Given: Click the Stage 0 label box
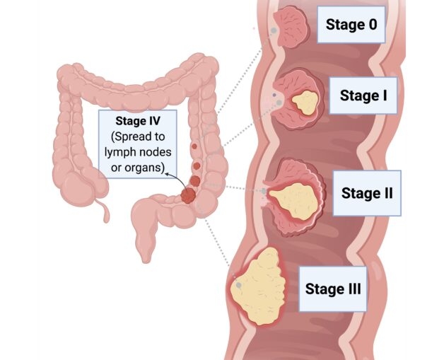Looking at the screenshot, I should (x=351, y=25).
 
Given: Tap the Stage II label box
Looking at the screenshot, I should (x=367, y=192).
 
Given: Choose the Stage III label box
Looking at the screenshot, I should (x=333, y=288).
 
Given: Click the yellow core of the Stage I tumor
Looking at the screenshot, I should (x=305, y=104).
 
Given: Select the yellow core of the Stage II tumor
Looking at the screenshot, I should (x=291, y=199).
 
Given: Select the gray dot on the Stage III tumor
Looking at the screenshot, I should (x=240, y=285).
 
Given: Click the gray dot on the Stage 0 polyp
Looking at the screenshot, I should (x=274, y=30).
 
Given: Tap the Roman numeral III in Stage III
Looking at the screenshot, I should (x=351, y=288).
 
